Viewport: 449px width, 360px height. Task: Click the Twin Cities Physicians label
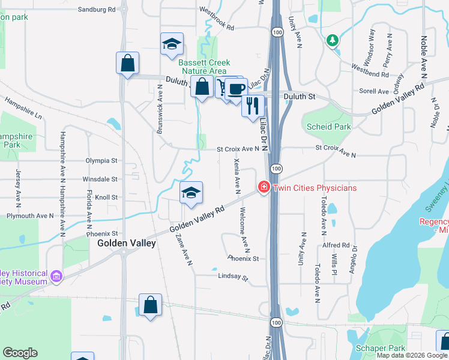coord(315,188)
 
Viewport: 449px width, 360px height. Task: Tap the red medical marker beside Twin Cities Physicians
coord(263,188)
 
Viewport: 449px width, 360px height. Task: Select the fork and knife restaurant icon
coord(253,105)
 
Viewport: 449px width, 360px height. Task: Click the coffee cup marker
coord(235,89)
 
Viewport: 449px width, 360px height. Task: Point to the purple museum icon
coord(56,276)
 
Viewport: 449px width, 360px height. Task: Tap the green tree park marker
coord(332,40)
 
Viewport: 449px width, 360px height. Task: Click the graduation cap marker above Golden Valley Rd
coord(191,193)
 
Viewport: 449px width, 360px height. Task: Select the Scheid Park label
coord(328,127)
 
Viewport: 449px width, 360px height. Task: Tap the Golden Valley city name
coord(127,243)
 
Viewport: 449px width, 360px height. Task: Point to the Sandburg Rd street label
coord(97,10)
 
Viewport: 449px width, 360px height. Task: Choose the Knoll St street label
coord(106,197)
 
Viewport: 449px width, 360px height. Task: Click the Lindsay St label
coord(233,278)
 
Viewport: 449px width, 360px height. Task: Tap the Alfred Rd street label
coord(336,245)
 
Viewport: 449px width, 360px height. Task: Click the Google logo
coord(20,353)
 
